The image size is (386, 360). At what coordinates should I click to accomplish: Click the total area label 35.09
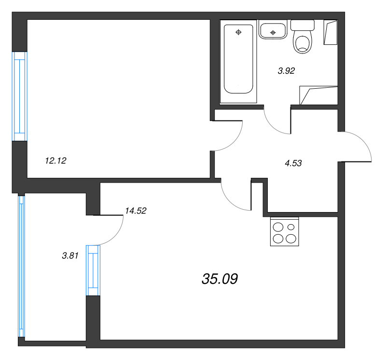pos(220,279)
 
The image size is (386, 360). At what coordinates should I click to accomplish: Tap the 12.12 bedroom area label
pos(55,161)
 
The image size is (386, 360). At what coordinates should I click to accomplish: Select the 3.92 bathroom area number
pos(286,70)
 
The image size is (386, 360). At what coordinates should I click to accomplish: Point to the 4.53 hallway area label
pos(293,163)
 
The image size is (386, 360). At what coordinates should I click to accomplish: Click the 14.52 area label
pos(135,210)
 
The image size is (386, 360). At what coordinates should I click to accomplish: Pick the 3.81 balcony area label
pos(70,256)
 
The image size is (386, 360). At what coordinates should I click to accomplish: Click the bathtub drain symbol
pos(238,32)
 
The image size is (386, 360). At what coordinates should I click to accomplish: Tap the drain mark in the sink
pos(273,32)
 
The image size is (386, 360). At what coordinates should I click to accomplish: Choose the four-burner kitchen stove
pos(285,232)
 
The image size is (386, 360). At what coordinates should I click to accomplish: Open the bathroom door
pos(276,123)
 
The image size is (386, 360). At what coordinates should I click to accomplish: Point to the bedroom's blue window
pos(19,96)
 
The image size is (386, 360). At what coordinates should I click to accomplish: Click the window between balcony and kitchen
pos(93,270)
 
